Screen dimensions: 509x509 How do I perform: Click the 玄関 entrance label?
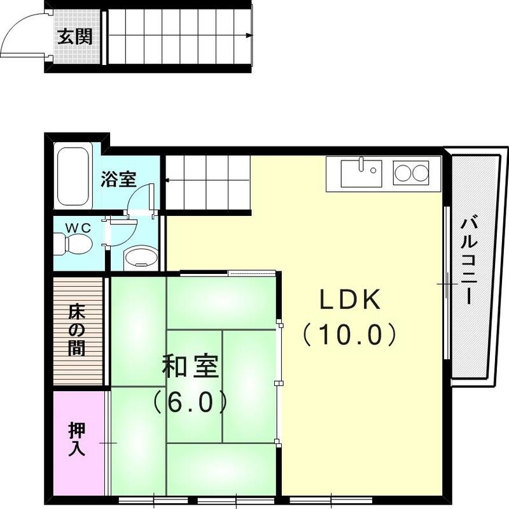point(75,36)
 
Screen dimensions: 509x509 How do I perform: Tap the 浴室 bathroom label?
point(118,179)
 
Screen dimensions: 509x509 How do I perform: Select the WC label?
point(80,226)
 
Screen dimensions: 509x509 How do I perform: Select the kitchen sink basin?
point(361,172)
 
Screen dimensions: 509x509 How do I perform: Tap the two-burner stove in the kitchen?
point(411,173)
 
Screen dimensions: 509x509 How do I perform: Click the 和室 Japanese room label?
point(190,368)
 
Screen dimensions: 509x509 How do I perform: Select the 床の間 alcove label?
point(77,331)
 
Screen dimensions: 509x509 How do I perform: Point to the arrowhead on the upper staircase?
point(249,36)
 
